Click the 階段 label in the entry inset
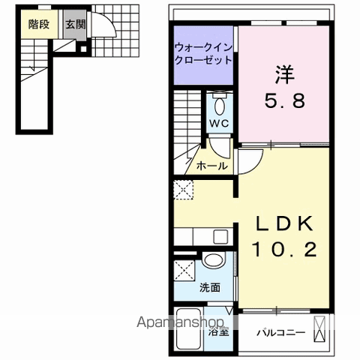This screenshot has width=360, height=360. pos(38,24)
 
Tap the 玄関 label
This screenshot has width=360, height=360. pos(75,24)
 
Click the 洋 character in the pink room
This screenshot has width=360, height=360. pos(283,74)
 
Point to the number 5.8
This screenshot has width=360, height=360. pos(284,102)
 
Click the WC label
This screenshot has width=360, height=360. pos(219,122)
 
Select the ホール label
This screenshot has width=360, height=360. pos(211,166)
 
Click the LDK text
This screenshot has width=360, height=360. pos(283,223)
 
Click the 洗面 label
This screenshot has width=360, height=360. pos(210,286)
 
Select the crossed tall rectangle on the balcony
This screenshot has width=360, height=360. pos(321,329)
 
